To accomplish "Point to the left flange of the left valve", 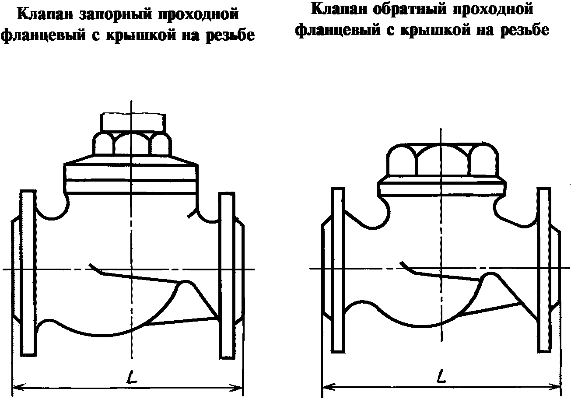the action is pyautogui.click(x=28, y=273).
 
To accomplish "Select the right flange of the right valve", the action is pyautogui.click(x=544, y=269).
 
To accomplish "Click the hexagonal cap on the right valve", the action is pyautogui.click(x=442, y=160).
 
